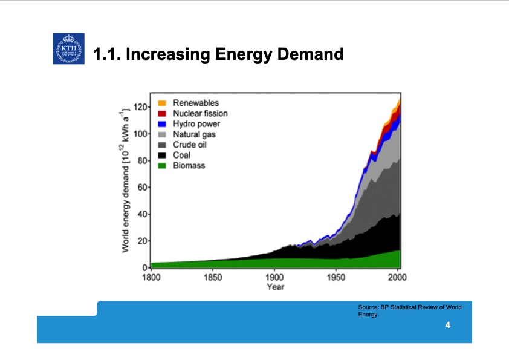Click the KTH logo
(68, 49)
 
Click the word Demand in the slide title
(309, 55)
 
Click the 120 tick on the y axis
(140, 107)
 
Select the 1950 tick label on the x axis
(336, 278)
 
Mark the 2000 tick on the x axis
(398, 278)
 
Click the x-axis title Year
(275, 287)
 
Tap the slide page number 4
(447, 326)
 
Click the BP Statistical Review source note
(409, 310)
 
